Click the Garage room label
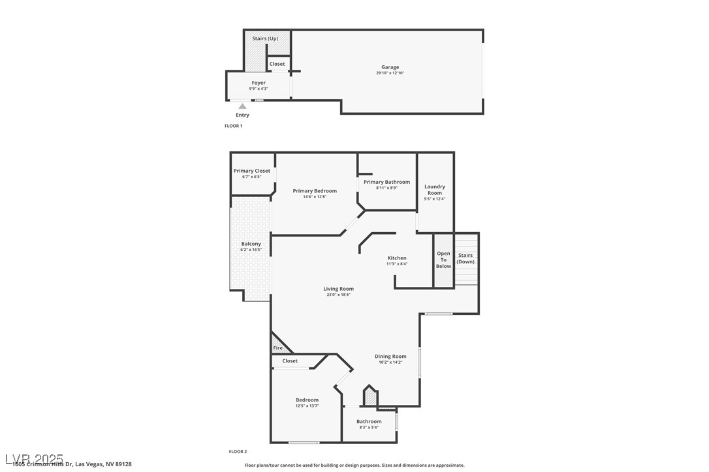tap(390, 67)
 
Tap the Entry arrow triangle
tap(242, 106)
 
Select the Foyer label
tap(259, 83)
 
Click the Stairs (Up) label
tap(265, 38)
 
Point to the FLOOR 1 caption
tap(233, 126)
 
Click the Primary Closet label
tap(251, 171)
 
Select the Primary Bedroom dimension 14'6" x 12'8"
tap(315, 197)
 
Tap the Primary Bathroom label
tap(386, 182)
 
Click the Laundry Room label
tap(435, 190)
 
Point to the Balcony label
tap(251, 244)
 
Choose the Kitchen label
tap(397, 258)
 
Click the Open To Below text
tap(443, 259)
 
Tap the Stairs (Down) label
tap(465, 258)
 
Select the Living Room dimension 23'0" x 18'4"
tap(338, 295)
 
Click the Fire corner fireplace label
tap(277, 348)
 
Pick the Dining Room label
tap(390, 356)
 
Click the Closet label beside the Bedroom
tap(290, 361)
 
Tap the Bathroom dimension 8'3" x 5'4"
tap(369, 428)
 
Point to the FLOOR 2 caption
tap(238, 451)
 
